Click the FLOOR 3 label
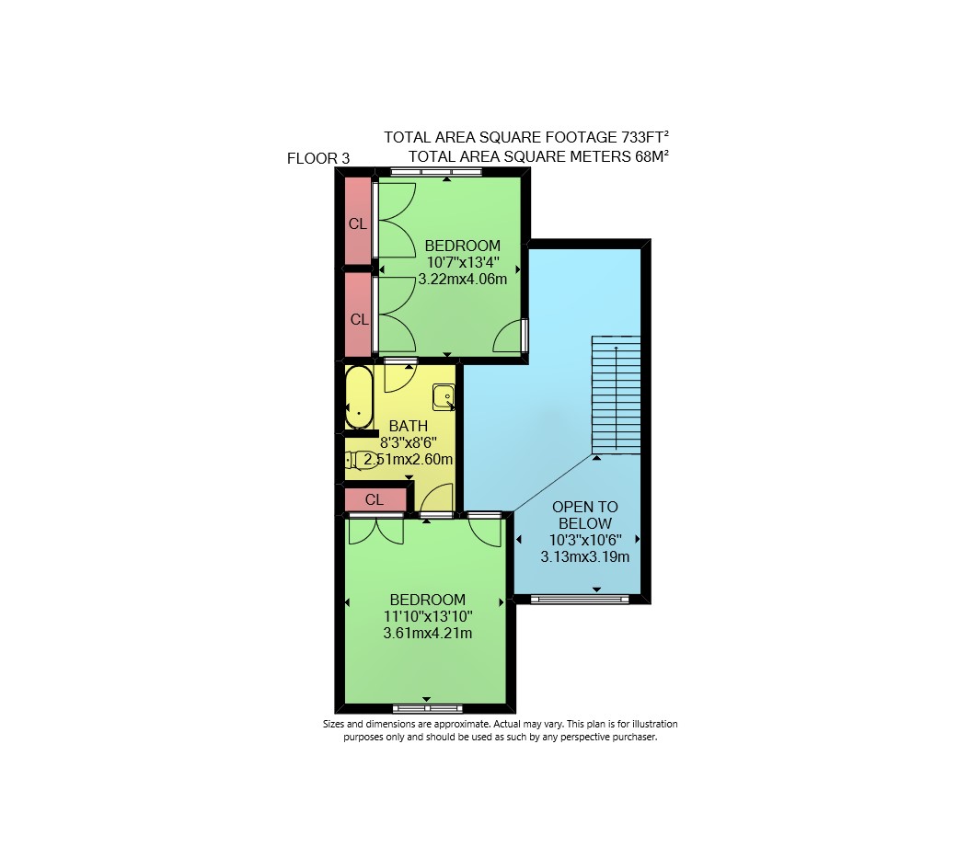(318, 158)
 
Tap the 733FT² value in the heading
(640, 137)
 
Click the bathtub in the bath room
(359, 397)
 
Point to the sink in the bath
(444, 397)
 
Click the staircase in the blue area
(616, 395)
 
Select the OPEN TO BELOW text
(584, 515)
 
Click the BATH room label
(409, 426)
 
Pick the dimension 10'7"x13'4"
(463, 263)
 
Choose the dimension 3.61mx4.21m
(427, 633)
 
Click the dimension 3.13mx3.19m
(584, 556)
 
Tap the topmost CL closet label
(358, 224)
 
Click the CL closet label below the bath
(375, 500)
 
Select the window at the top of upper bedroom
(436, 172)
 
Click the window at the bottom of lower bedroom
(427, 708)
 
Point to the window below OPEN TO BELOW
(579, 600)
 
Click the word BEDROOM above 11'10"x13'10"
(427, 600)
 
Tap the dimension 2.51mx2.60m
(409, 459)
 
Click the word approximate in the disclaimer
(463, 725)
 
